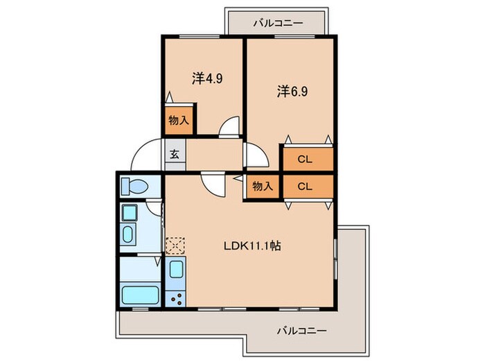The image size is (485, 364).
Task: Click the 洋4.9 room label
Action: tap(206, 78)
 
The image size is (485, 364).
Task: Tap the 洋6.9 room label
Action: tap(292, 91)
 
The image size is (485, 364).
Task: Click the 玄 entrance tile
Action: tap(174, 155)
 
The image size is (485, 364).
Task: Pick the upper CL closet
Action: tap(306, 159)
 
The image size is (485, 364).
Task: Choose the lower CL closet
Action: tap(306, 187)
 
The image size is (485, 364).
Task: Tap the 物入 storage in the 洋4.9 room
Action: tap(179, 120)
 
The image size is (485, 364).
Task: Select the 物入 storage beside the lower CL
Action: tap(262, 187)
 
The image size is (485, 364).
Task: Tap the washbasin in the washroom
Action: tap(130, 234)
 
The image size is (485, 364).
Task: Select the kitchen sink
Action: tap(175, 269)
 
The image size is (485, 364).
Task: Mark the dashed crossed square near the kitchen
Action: tap(175, 245)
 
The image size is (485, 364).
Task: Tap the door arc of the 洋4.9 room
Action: tap(229, 128)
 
